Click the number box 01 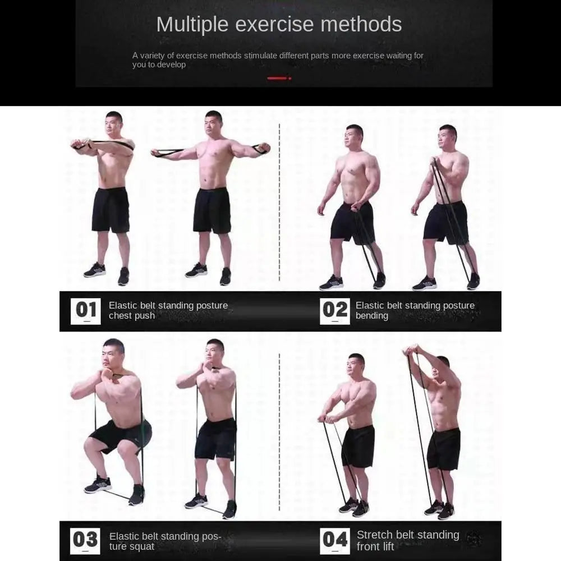coord(85,311)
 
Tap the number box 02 coord(334,311)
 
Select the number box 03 coord(85,541)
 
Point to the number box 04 coord(334,541)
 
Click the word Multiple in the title coord(192,25)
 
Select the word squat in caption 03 coord(142,546)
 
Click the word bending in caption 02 coord(372,316)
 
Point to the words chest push coord(132,316)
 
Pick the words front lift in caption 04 coord(375,546)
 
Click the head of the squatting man coord(113,353)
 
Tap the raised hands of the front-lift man coord(411,349)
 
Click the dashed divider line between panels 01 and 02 coord(279,203)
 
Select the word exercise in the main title coord(274,24)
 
